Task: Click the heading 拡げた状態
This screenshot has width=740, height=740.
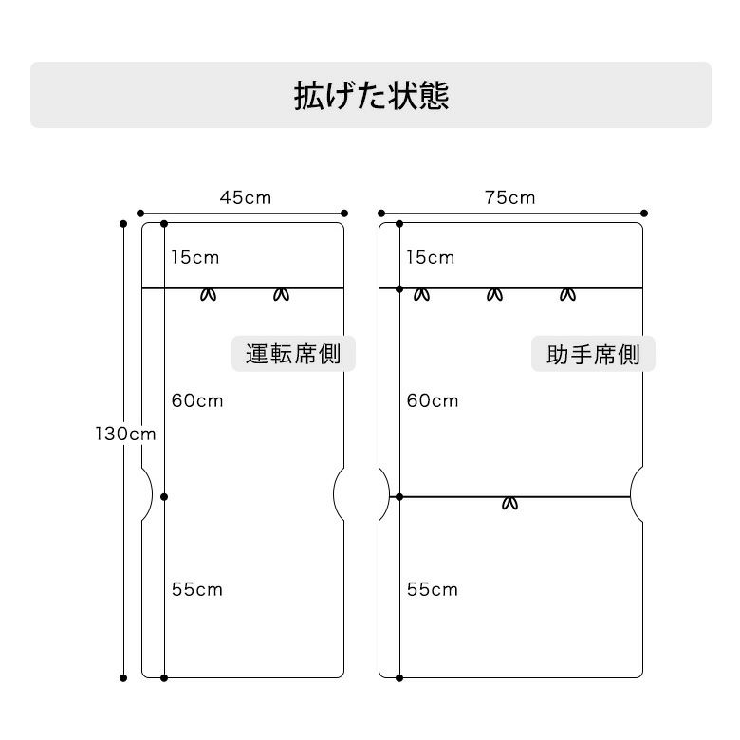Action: click(371, 96)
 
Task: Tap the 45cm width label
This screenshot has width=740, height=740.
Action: click(246, 198)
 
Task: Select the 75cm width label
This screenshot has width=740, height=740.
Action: click(509, 198)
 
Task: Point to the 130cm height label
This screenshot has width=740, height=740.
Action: click(125, 434)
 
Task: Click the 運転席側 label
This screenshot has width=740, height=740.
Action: click(293, 355)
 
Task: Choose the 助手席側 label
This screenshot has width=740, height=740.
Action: click(593, 356)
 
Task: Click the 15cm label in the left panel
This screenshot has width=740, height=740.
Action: click(195, 257)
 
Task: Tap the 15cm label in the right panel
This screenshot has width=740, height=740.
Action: click(431, 257)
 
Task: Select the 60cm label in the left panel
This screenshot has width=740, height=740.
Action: click(197, 400)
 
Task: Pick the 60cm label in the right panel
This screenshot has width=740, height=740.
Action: click(433, 400)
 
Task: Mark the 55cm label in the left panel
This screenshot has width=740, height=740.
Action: click(197, 589)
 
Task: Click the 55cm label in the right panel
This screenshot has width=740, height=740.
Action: click(433, 589)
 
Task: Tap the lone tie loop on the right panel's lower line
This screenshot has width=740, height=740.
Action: click(510, 503)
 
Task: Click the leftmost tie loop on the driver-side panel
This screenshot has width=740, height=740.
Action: click(209, 294)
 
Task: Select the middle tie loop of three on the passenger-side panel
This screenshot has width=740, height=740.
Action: click(494, 294)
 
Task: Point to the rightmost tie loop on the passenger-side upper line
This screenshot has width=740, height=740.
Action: click(567, 294)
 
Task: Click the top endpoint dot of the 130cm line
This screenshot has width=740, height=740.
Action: click(123, 224)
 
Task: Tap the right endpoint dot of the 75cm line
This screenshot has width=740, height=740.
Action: click(644, 213)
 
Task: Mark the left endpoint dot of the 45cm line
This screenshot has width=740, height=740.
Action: click(140, 213)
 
